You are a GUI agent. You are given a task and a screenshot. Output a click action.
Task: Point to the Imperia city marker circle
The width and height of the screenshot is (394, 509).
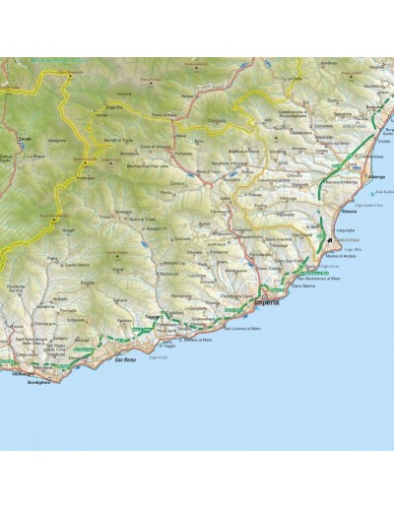tap(264, 295)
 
